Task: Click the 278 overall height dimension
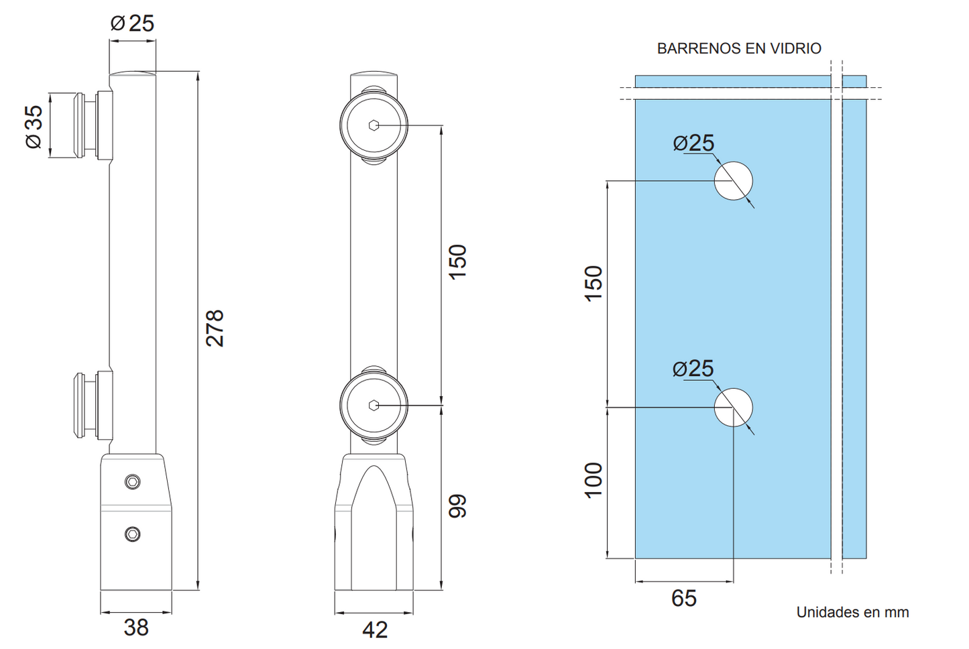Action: (x=215, y=328)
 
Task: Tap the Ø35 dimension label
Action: (x=34, y=127)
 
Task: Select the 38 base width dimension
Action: (x=136, y=628)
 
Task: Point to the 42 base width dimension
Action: (x=375, y=630)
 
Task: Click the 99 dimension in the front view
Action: (x=457, y=506)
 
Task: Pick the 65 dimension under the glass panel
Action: (x=684, y=599)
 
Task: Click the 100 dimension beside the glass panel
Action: (x=593, y=480)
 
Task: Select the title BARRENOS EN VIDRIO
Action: (x=739, y=48)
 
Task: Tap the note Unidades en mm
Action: (x=852, y=612)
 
